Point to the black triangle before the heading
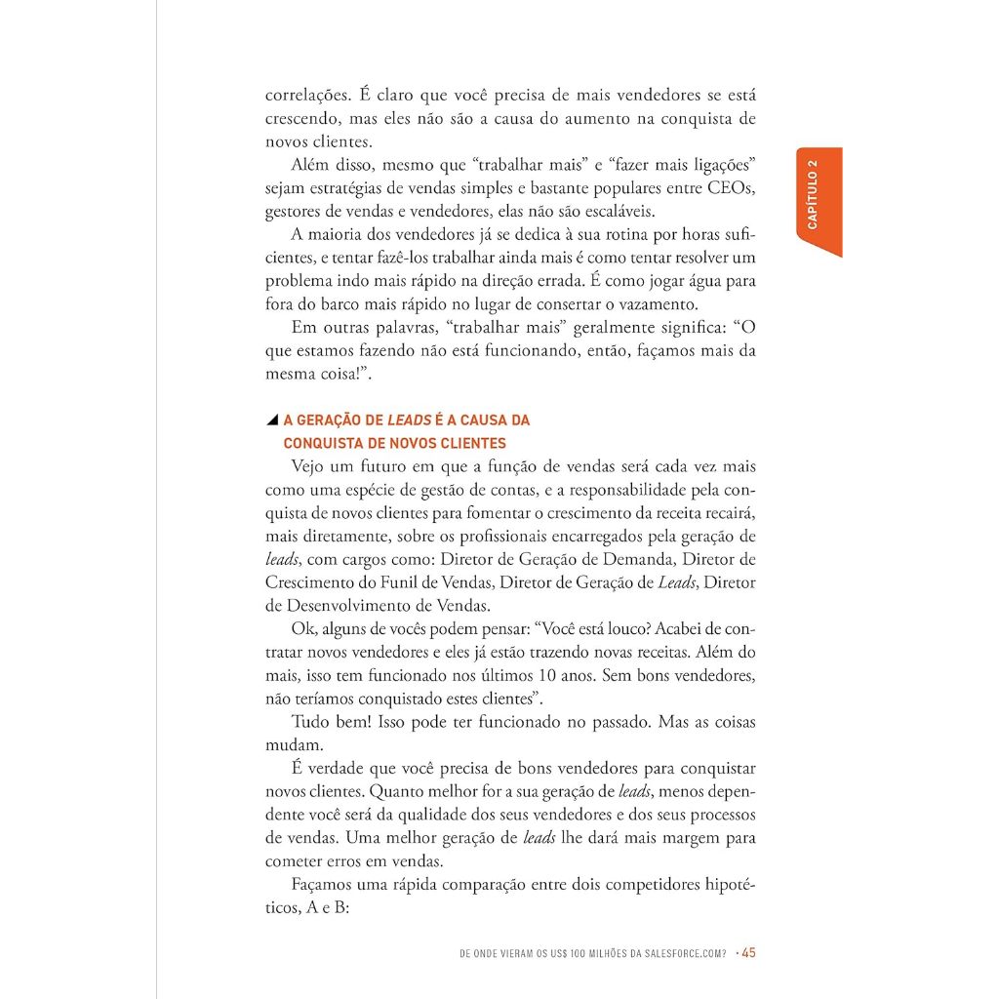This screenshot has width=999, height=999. tap(272, 420)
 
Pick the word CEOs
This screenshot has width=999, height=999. tap(733, 186)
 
